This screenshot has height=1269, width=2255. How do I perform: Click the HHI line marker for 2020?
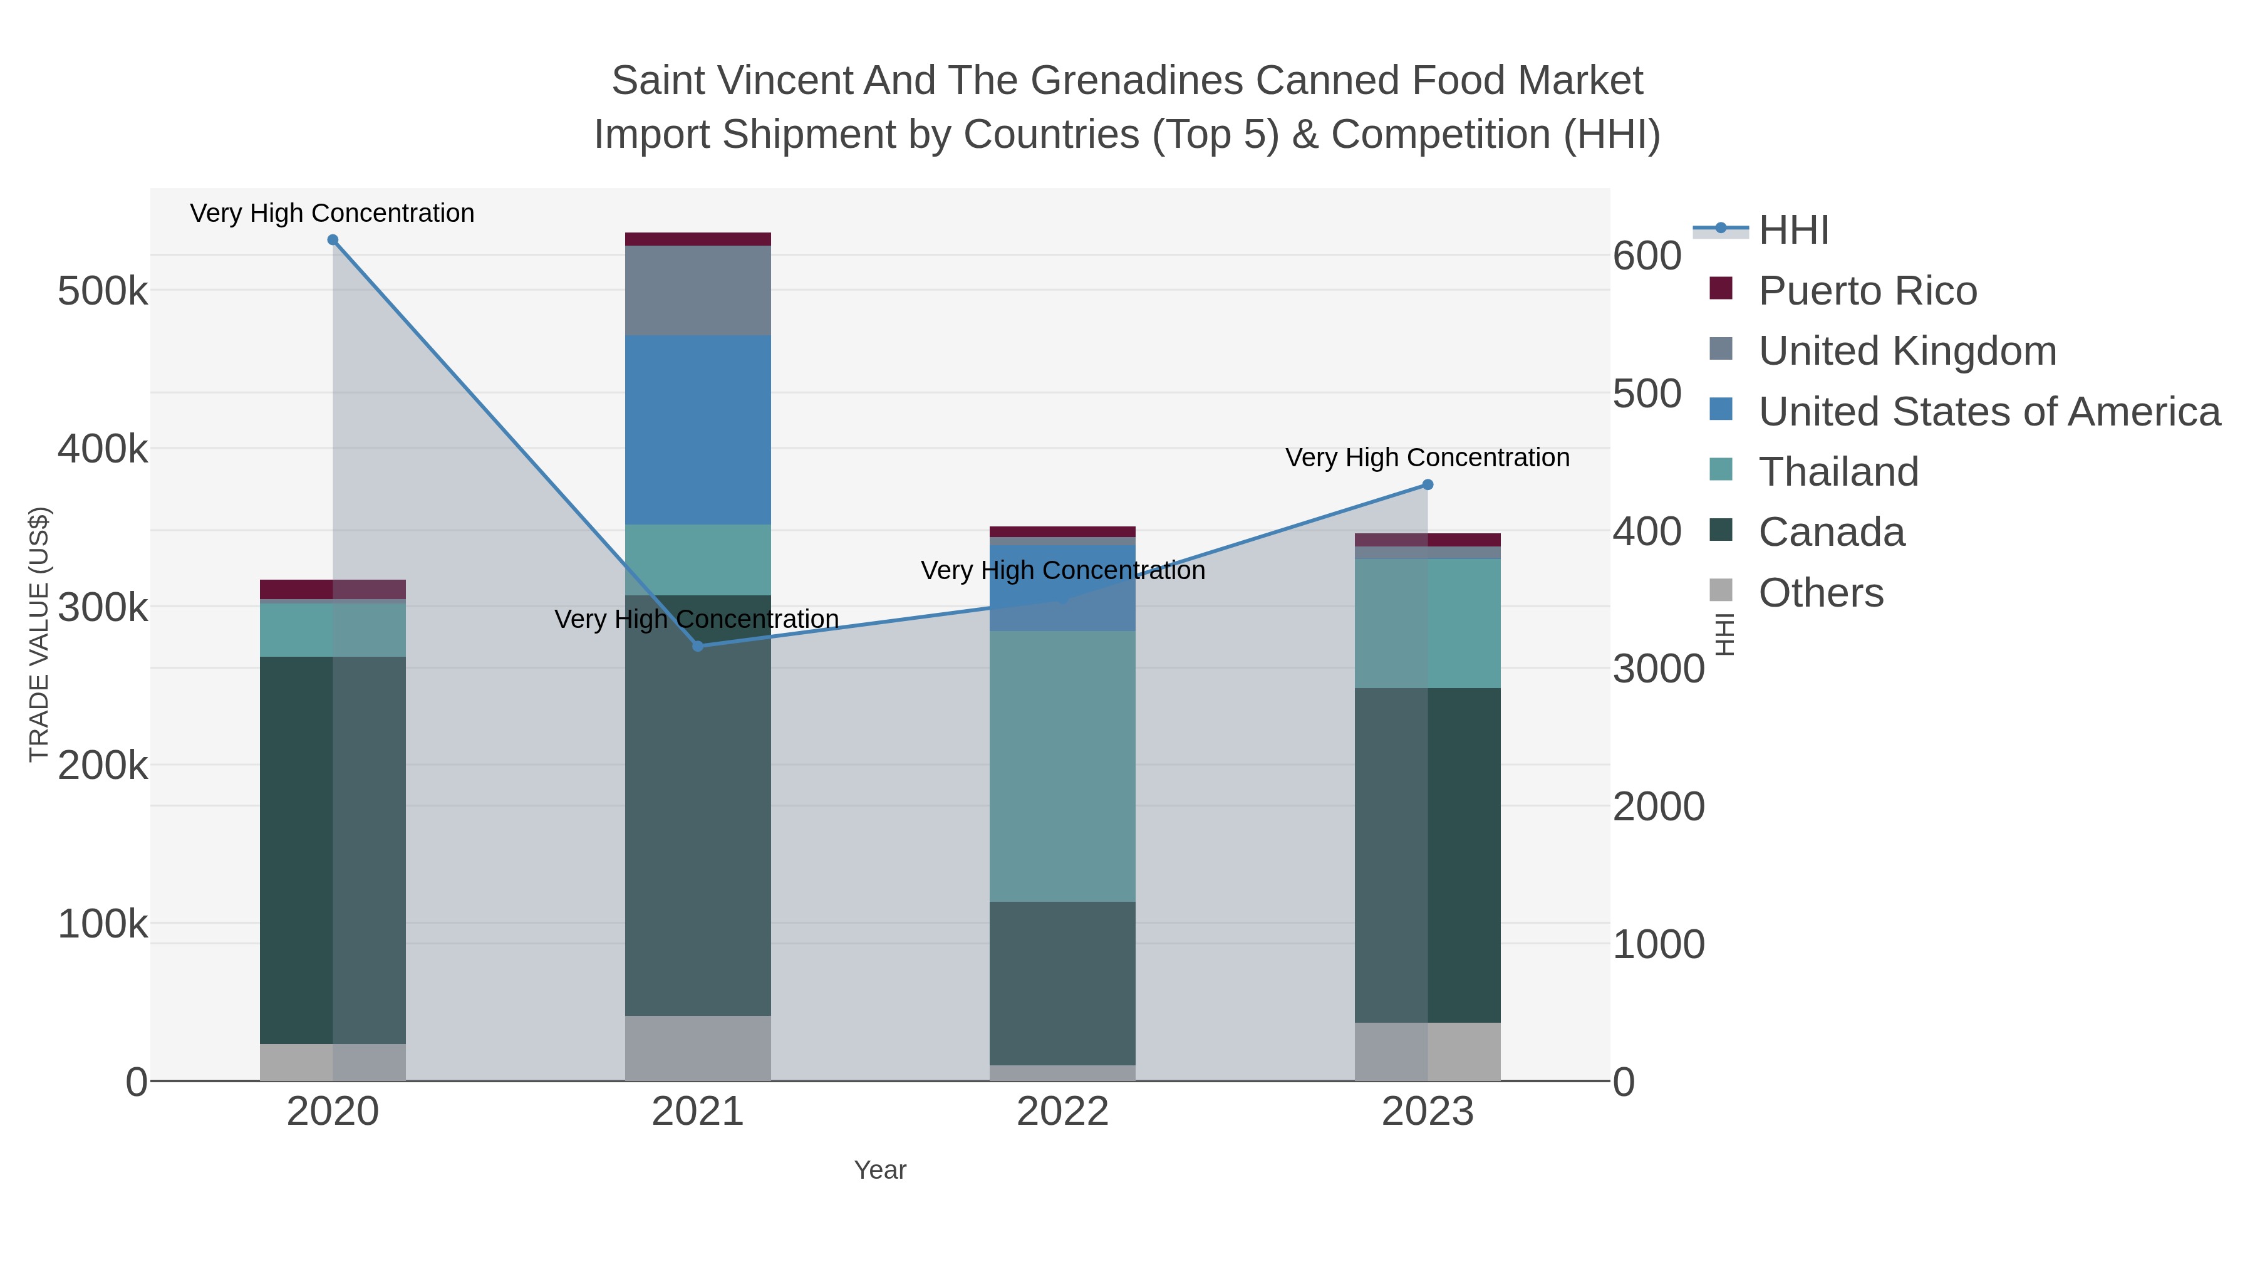[333, 240]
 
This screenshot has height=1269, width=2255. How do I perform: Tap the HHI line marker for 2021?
[698, 646]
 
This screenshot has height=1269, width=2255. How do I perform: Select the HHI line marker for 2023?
[1428, 484]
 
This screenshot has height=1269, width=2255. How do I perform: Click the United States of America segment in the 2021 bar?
[698, 429]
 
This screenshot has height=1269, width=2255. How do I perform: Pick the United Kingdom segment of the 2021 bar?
[698, 290]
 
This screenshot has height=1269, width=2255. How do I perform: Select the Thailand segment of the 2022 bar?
[1062, 766]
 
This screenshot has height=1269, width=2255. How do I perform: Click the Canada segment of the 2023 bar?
[1428, 855]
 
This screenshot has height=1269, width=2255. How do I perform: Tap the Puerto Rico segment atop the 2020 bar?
[333, 588]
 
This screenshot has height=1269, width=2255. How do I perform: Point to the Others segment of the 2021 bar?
[698, 1047]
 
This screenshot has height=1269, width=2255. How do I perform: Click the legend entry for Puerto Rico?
[1867, 291]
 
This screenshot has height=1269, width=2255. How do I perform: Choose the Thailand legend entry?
[1838, 472]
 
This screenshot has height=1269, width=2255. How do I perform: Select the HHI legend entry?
[1793, 231]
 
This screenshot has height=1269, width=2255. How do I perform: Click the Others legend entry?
[1821, 593]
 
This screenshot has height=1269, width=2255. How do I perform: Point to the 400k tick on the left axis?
[103, 449]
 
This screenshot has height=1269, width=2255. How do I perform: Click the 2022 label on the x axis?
[1062, 1112]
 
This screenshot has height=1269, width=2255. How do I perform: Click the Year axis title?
[880, 1170]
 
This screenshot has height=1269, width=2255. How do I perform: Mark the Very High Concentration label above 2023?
[1427, 458]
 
